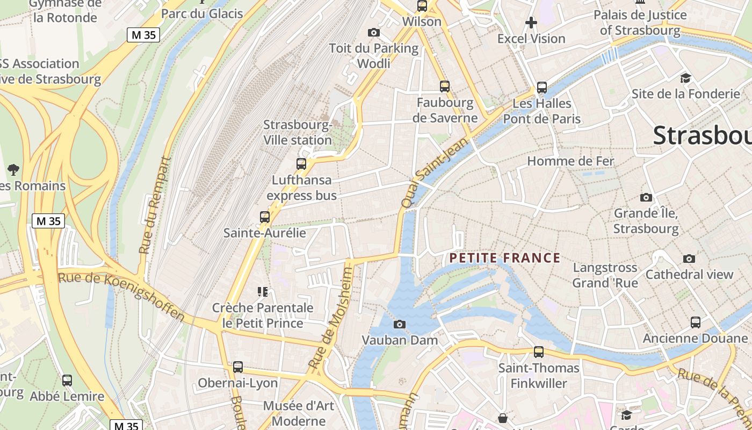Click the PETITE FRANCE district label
tap(505, 258)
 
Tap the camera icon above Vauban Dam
tap(399, 324)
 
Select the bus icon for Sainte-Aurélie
tap(264, 217)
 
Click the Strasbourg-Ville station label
tap(298, 133)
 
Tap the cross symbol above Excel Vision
tap(531, 23)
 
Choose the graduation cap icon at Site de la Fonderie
tap(685, 78)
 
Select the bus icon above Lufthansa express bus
tap(301, 164)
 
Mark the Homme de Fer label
tap(570, 161)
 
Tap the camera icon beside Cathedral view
tap(689, 259)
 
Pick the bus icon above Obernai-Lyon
tap(237, 367)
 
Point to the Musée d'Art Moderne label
tap(299, 413)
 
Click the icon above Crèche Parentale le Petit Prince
tap(263, 292)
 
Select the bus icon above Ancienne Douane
tap(695, 322)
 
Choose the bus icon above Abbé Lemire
tap(67, 381)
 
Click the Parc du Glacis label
tap(202, 13)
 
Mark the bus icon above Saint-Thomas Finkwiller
tap(538, 352)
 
